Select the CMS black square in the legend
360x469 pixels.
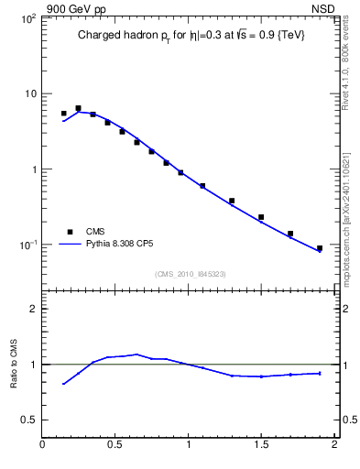pyautogui.click(x=69, y=232)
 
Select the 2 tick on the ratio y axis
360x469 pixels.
pyautogui.click(x=33, y=309)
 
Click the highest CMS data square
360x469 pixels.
pyautogui.click(x=78, y=108)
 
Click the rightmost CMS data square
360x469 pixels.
pyautogui.click(x=320, y=248)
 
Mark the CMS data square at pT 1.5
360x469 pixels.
pyautogui.click(x=261, y=217)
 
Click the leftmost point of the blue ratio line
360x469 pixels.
pyautogui.click(x=63, y=384)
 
